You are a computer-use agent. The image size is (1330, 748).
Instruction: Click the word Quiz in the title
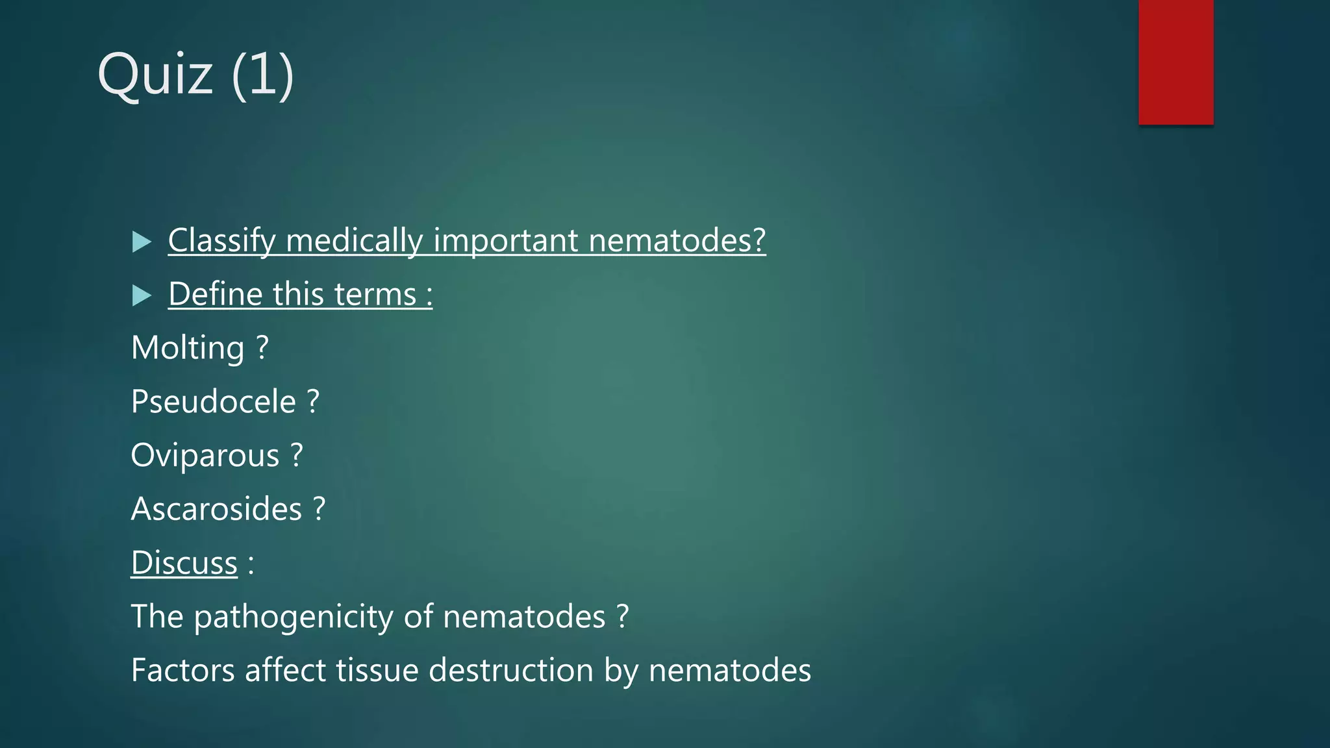point(155,75)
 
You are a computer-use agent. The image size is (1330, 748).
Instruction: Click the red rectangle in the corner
point(1175,62)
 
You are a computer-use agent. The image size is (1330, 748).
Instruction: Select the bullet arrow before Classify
point(141,242)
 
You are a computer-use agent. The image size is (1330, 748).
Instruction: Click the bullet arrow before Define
point(141,295)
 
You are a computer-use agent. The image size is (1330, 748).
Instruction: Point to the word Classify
point(221,241)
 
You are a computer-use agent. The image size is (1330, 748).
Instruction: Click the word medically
point(354,241)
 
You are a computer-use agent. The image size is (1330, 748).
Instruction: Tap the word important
point(506,241)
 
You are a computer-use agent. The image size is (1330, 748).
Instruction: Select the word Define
point(215,294)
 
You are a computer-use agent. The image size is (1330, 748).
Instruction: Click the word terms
point(375,294)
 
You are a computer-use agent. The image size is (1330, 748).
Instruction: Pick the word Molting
point(188,348)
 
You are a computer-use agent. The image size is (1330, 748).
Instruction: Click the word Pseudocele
point(213,401)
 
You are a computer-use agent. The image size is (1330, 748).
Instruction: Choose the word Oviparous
point(205,455)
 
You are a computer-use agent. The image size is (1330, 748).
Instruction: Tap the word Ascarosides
point(216,509)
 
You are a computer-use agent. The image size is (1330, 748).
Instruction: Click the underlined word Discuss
point(184,562)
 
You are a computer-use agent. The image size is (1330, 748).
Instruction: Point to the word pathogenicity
point(294,617)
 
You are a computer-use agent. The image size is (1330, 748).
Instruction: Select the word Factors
point(182,670)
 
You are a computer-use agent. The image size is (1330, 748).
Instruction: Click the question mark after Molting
point(262,348)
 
